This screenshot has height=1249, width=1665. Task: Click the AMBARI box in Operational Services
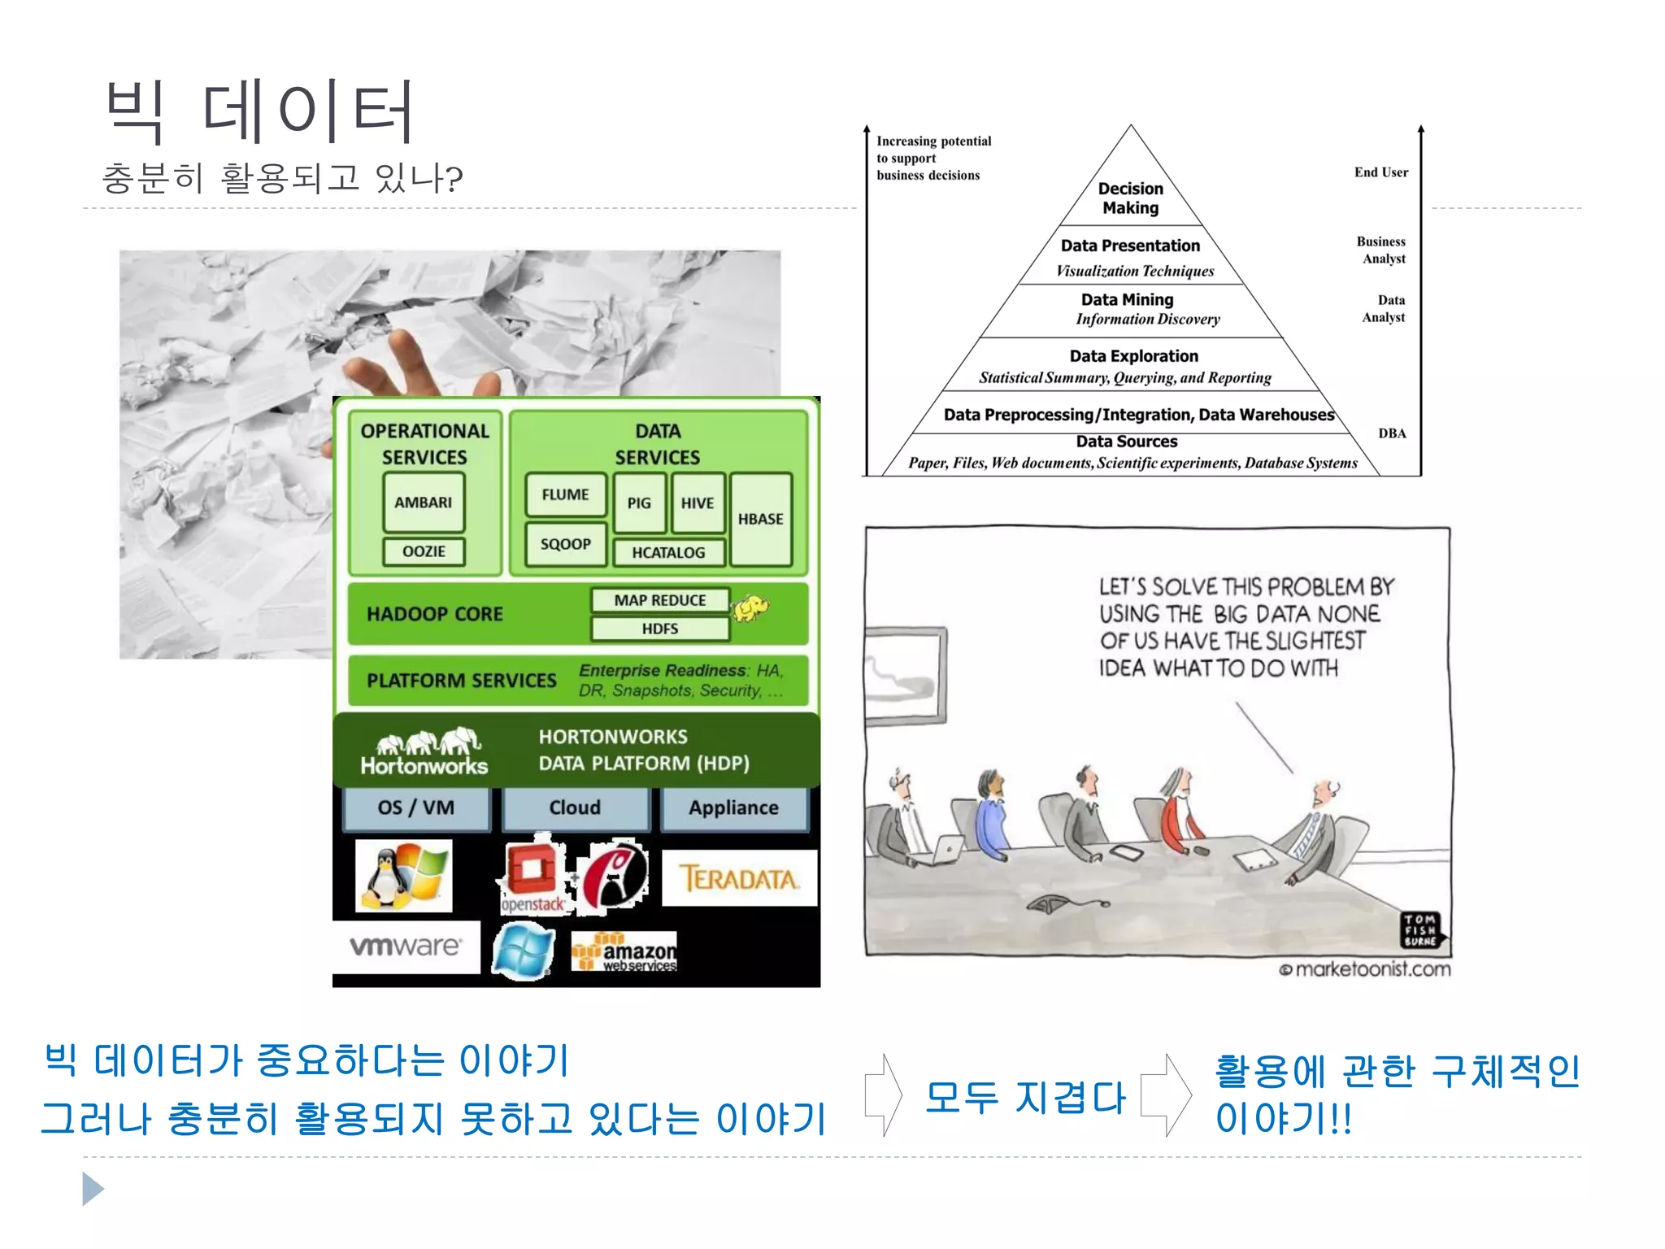(424, 503)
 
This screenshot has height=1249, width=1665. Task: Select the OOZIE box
(424, 551)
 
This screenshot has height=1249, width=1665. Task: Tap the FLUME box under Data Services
(565, 494)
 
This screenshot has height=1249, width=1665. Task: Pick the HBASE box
(760, 519)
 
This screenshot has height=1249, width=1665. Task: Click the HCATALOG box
(668, 553)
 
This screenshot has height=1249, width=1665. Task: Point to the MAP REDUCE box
(659, 600)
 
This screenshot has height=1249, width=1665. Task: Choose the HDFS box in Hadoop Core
(659, 629)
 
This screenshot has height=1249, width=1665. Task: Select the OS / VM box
(416, 807)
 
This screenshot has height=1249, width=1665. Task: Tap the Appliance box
(733, 807)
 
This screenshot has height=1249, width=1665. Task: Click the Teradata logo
(738, 878)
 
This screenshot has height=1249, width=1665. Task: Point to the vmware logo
(405, 946)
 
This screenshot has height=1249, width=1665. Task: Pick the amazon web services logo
(624, 952)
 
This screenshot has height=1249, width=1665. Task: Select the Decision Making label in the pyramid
(1130, 198)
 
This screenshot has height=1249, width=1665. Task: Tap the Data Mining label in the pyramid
(1127, 300)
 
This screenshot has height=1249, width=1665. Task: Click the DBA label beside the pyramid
(1392, 433)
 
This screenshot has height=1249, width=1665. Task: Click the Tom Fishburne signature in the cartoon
(1419, 930)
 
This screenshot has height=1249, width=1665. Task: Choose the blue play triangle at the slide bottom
(93, 1189)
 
